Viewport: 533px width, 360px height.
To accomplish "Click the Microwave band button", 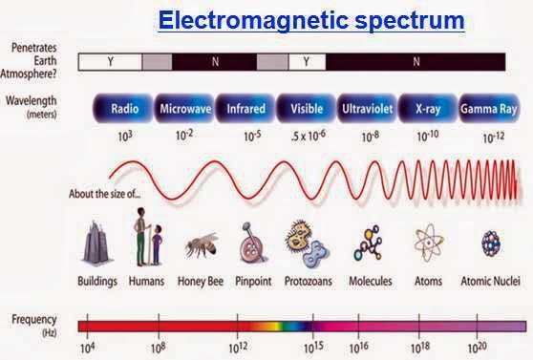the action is [x=184, y=109].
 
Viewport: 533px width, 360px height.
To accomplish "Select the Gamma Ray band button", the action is [x=489, y=109].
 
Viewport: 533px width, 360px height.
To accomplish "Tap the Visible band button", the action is [x=307, y=109].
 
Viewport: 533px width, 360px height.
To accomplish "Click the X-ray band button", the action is [x=428, y=109].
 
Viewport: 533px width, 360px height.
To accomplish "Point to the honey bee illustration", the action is [x=202, y=244].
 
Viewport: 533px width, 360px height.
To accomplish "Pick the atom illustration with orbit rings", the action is [x=429, y=243].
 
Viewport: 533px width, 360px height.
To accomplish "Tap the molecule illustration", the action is [x=368, y=244].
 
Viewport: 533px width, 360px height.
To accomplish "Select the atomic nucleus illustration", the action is [x=491, y=243].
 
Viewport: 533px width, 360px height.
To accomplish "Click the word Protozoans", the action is [x=309, y=281].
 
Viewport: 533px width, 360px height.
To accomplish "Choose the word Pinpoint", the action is [x=253, y=281].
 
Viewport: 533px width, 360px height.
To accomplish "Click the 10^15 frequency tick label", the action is [x=313, y=347].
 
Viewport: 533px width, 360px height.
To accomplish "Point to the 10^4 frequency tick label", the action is [x=88, y=348].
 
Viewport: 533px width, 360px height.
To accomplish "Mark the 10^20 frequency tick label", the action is [x=477, y=348].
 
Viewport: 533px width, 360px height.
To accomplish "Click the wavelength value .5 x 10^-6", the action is [x=309, y=136].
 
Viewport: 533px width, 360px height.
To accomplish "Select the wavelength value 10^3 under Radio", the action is [x=125, y=136].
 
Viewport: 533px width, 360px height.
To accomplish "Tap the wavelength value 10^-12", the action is [x=494, y=138].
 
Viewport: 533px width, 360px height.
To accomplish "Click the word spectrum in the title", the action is [x=410, y=21].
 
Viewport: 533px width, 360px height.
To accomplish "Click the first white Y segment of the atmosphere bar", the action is [x=110, y=62].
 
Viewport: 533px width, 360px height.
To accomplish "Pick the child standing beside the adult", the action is [x=157, y=244].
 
